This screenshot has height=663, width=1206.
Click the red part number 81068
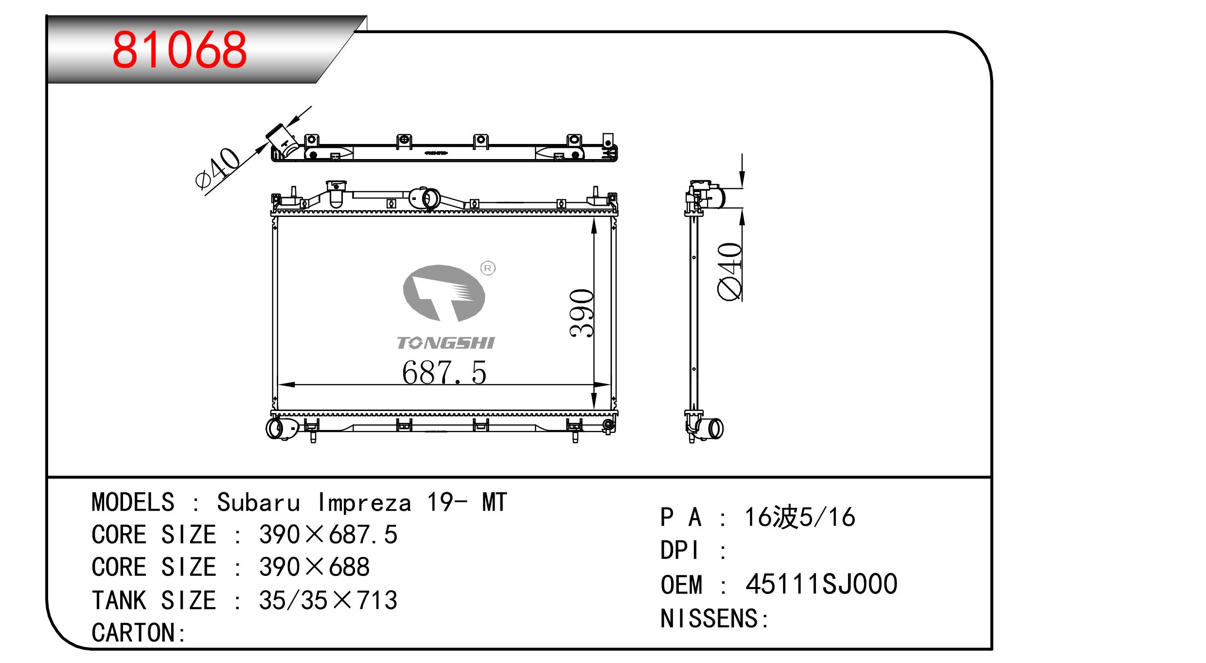(x=179, y=50)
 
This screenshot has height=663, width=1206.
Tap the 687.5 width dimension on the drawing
(x=444, y=373)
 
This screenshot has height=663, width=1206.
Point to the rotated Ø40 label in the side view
(x=730, y=271)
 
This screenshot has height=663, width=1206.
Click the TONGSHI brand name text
(x=445, y=343)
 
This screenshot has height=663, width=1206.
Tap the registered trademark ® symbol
(x=488, y=268)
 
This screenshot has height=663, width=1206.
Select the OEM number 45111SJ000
(x=821, y=584)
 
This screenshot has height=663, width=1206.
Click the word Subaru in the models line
(x=258, y=502)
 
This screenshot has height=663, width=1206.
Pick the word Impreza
(x=365, y=503)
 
